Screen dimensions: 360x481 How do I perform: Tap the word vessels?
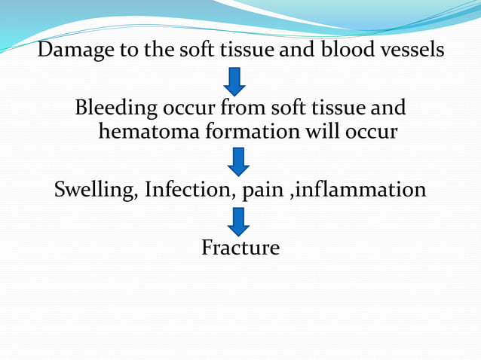412,50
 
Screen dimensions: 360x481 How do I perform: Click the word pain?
259,191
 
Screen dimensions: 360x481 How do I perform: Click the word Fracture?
240,247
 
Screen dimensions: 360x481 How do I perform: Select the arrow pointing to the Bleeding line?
235,81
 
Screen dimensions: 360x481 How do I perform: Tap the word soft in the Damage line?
198,50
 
